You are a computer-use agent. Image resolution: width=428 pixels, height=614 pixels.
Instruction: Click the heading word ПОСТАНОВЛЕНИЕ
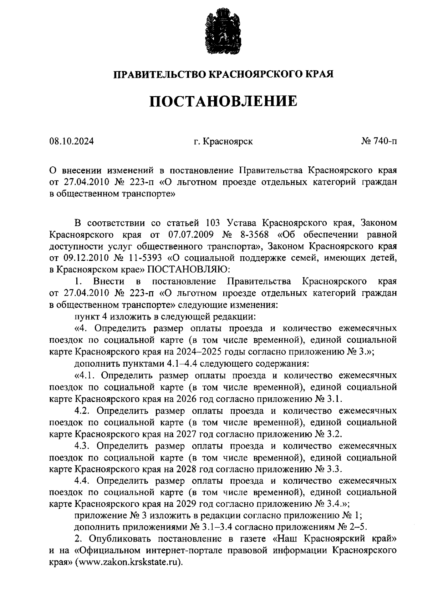223,101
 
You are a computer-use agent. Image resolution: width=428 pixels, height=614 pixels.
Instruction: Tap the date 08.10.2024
72,142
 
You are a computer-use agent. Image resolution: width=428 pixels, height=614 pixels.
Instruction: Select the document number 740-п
386,142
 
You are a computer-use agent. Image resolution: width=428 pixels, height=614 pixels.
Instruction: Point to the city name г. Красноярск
223,142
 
